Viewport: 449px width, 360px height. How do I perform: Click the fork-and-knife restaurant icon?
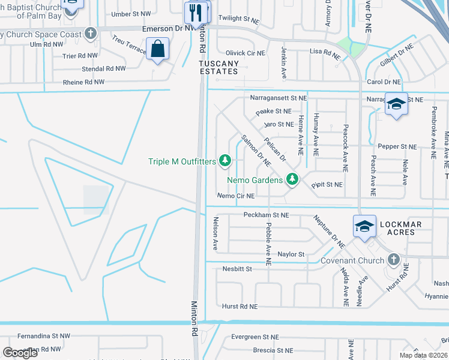[x=196, y=11]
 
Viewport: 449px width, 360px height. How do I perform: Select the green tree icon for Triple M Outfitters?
[x=225, y=160]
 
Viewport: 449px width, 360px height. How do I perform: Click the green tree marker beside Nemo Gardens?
[x=292, y=179]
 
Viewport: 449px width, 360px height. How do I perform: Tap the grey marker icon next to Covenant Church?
[x=393, y=260]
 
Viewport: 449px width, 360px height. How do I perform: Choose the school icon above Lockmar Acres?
[x=364, y=226]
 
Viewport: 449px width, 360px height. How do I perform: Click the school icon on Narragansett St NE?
[x=396, y=105]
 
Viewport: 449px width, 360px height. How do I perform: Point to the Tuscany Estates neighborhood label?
[x=219, y=67]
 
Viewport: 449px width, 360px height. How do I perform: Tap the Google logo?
[x=20, y=352]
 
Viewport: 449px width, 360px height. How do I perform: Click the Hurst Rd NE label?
[x=240, y=306]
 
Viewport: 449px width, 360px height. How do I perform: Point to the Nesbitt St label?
[x=237, y=269]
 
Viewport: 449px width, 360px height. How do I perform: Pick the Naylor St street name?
[x=291, y=254]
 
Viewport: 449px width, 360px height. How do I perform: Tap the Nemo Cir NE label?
[x=236, y=196]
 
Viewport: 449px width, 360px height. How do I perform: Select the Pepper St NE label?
[x=397, y=146]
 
